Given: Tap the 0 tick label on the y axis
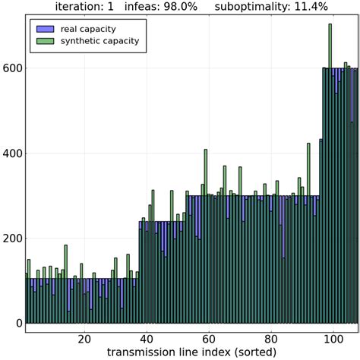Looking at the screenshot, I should pos(18,324).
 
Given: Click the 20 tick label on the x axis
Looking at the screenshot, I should pos(84,338).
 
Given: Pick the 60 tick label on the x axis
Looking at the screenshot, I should pos(208,338).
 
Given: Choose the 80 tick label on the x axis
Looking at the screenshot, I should pos(270,338).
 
